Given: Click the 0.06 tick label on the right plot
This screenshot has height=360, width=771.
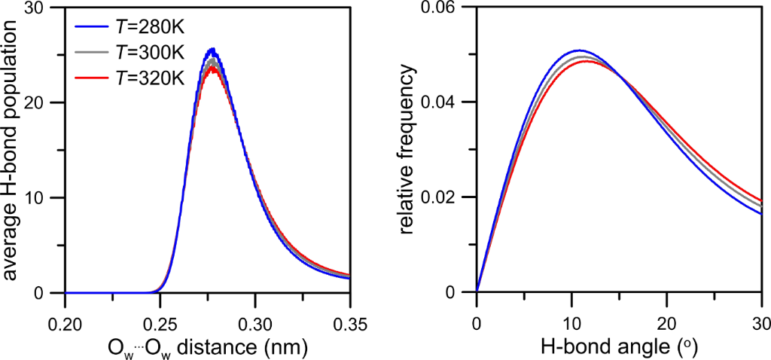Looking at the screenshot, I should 445,8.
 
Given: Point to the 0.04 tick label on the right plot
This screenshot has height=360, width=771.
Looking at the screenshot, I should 445,103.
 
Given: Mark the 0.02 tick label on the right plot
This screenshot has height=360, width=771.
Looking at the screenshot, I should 445,198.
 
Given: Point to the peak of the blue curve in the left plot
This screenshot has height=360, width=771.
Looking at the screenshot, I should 212,50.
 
